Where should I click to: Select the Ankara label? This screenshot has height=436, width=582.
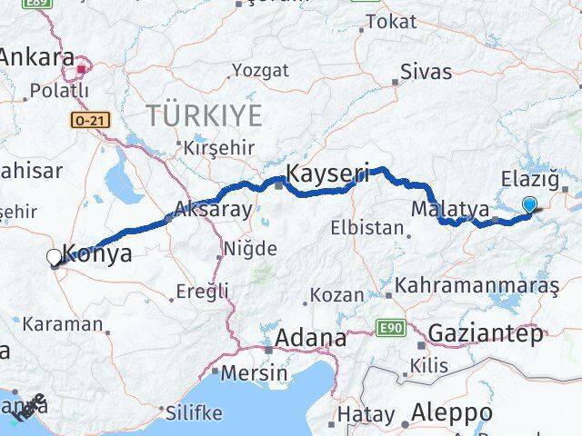point(36,58)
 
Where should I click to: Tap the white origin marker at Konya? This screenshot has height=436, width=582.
point(54,258)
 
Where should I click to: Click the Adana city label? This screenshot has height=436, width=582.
point(312,339)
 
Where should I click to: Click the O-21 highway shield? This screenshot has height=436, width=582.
point(85,119)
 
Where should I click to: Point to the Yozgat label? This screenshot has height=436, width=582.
point(260,70)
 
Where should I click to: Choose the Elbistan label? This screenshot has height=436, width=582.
point(366,227)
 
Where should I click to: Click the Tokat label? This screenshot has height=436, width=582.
point(394,23)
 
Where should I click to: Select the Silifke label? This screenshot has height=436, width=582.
point(195,411)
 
